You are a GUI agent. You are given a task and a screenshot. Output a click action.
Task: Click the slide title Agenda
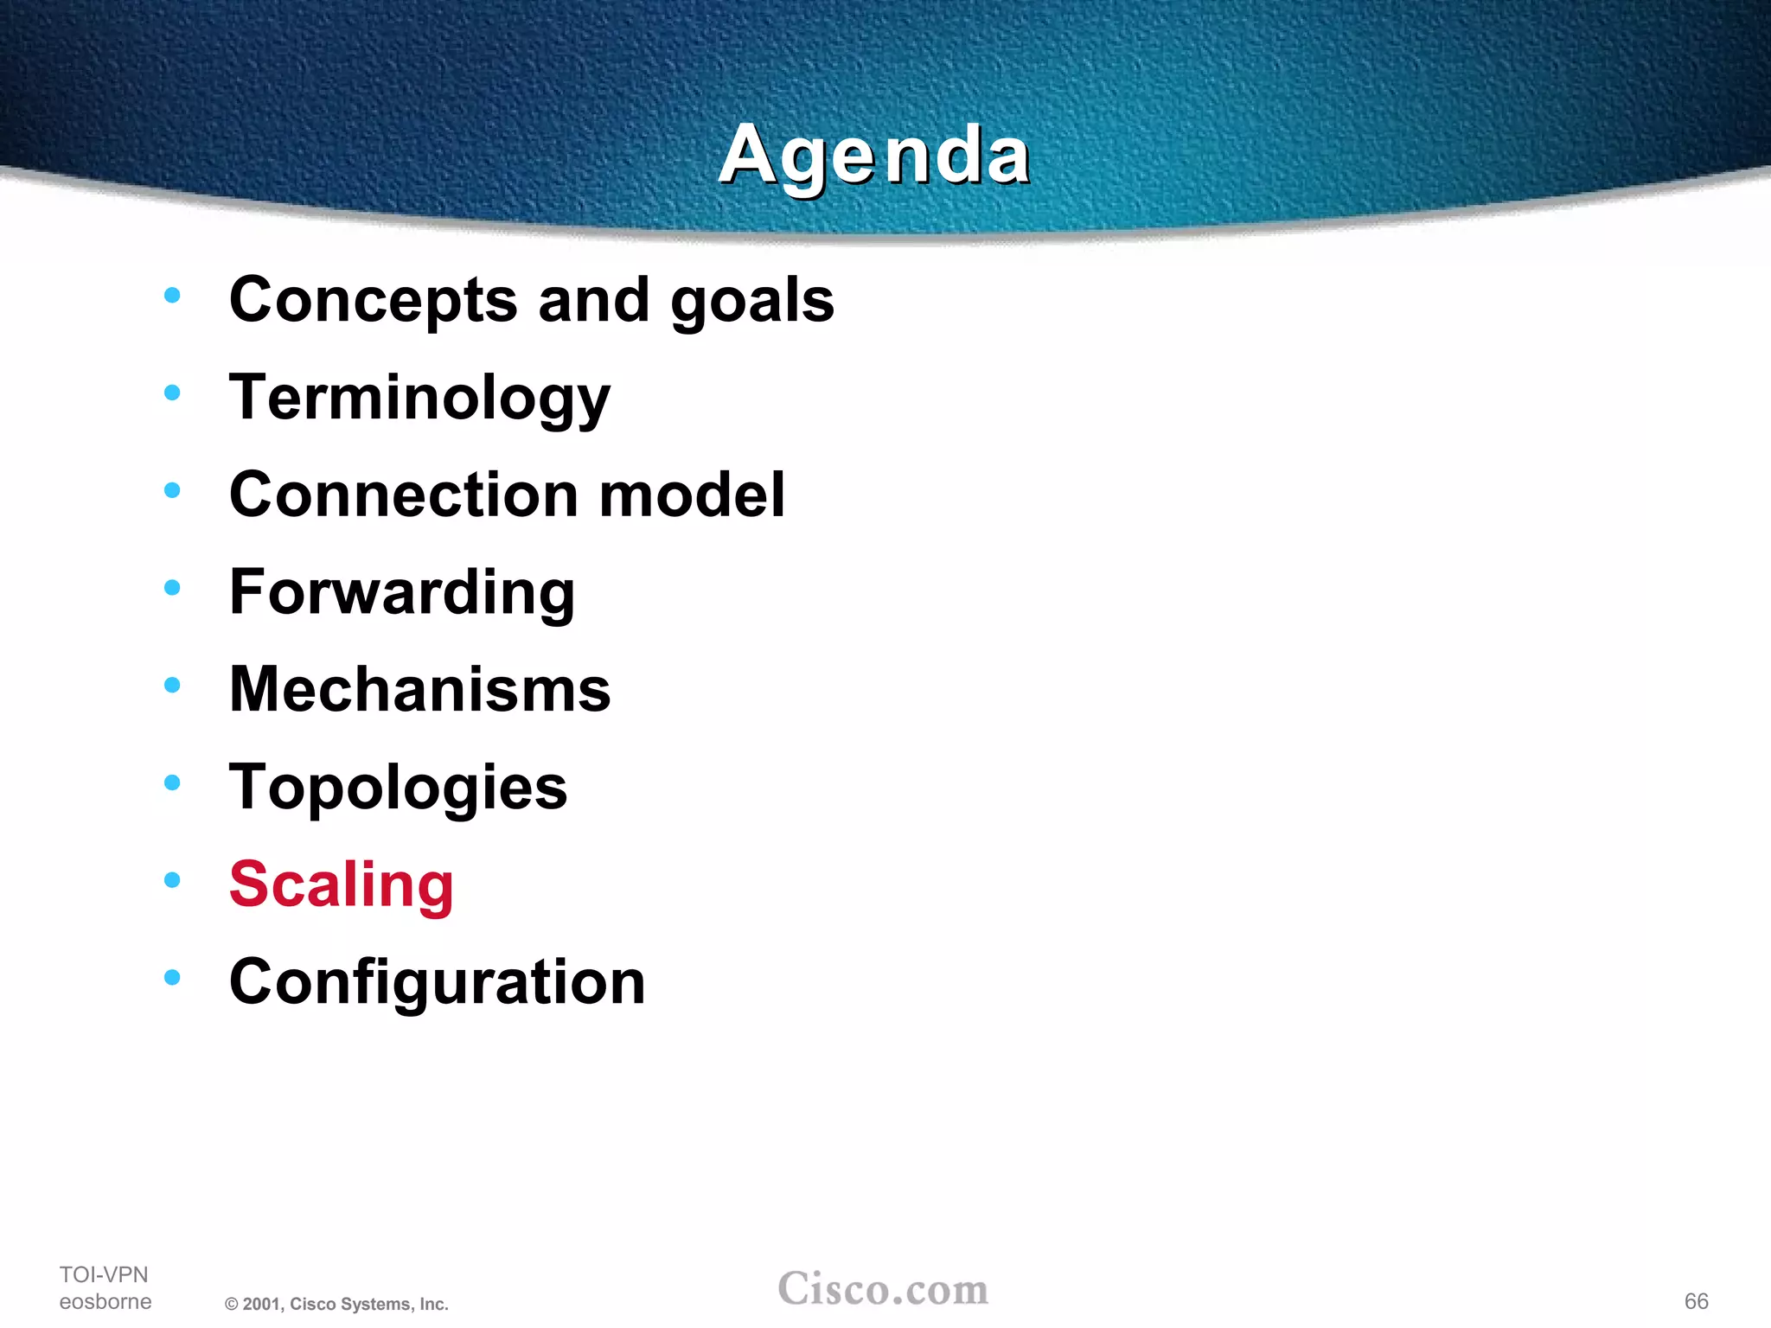point(874,156)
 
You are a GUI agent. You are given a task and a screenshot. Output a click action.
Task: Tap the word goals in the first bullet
point(752,301)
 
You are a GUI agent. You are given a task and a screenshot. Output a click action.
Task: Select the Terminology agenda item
point(419,398)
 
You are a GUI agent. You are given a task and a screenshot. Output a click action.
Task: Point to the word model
point(693,495)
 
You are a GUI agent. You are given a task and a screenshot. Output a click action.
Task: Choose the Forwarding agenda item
point(402,593)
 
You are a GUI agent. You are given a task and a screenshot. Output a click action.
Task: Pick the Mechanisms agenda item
point(419,690)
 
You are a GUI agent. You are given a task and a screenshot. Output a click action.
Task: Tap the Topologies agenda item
point(398,788)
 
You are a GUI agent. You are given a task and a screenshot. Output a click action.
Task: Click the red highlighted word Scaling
point(342,884)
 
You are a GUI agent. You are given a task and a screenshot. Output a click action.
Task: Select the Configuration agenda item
point(437,982)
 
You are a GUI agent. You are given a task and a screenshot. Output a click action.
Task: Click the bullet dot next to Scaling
point(172,880)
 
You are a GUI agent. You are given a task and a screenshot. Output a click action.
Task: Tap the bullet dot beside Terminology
point(172,393)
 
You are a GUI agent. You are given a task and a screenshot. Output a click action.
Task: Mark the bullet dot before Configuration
point(172,978)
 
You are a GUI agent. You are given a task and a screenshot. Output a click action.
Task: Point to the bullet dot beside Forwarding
point(172,588)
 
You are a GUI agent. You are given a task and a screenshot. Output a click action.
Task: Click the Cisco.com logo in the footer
point(883,1289)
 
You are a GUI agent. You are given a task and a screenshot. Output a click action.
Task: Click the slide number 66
point(1696,1301)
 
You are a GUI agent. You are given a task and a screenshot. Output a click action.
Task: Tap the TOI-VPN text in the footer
point(104,1274)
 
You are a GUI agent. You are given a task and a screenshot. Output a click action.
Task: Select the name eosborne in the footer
point(105,1301)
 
